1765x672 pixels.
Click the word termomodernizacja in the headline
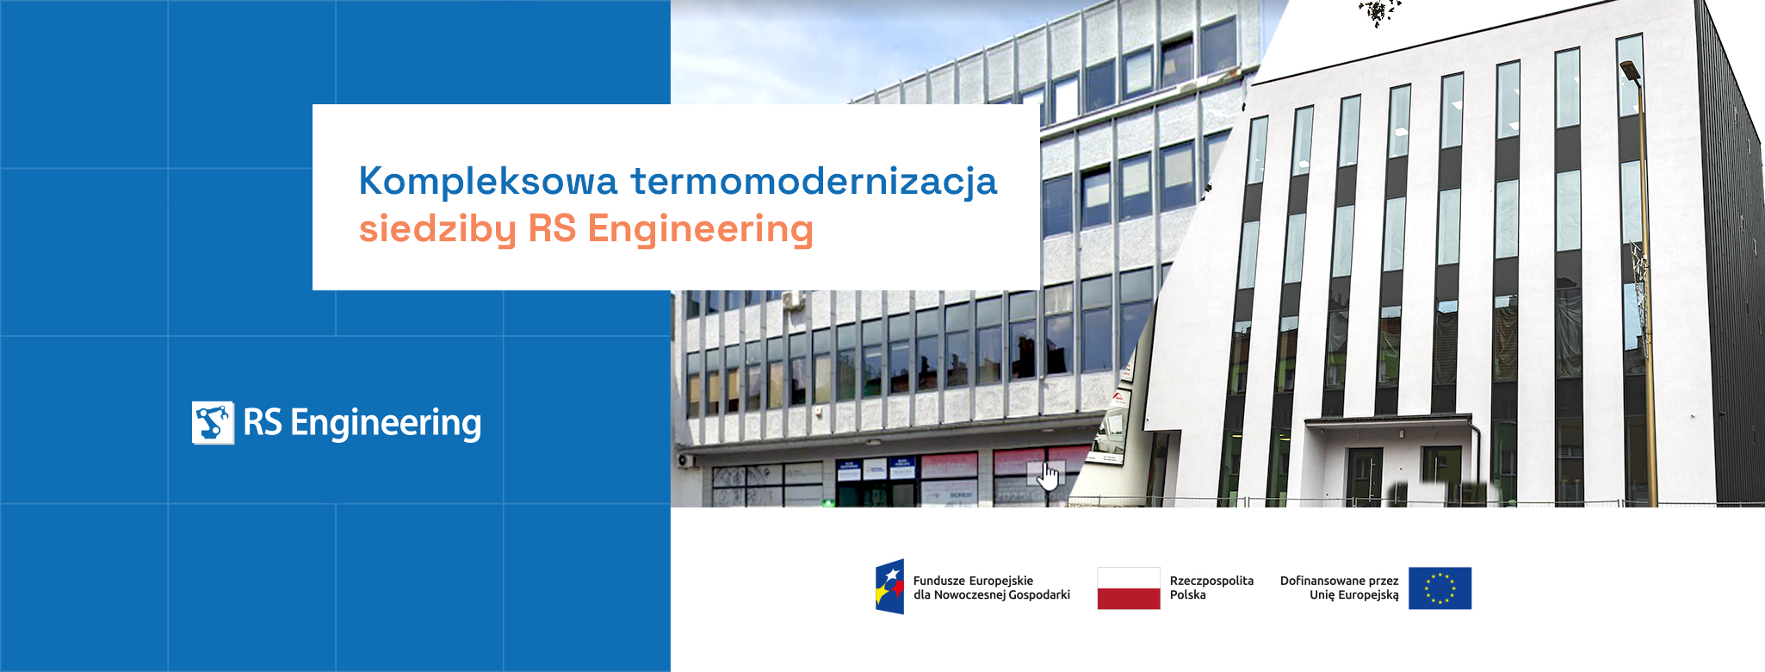click(814, 183)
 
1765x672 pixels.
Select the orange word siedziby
click(437, 230)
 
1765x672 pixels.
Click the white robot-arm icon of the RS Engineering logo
click(213, 423)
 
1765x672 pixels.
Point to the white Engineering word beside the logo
click(386, 424)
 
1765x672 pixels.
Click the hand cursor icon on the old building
click(1047, 476)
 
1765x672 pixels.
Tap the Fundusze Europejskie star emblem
click(889, 587)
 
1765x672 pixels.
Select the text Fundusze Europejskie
click(973, 581)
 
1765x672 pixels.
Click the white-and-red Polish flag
click(1129, 588)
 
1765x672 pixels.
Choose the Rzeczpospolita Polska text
click(1211, 588)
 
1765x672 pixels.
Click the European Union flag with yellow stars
click(1440, 588)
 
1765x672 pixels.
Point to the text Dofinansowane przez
click(1340, 581)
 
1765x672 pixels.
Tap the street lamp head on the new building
click(1631, 70)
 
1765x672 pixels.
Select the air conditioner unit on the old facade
click(792, 301)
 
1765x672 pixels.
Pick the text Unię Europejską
click(1354, 595)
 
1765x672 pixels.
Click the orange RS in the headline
click(552, 229)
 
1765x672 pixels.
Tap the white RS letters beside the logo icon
click(263, 422)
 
